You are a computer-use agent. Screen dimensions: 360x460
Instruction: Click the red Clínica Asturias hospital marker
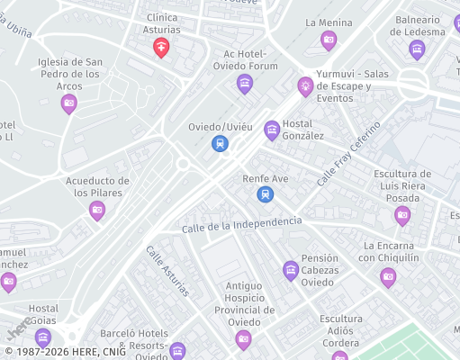coord(162,47)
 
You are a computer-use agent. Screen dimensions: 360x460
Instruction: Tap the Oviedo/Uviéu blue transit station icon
coord(219,143)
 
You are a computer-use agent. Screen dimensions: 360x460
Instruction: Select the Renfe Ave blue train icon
coord(265,193)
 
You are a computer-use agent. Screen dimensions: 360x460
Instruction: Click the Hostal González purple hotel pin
coord(272,130)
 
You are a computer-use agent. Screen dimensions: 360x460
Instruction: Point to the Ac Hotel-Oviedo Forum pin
coord(244,84)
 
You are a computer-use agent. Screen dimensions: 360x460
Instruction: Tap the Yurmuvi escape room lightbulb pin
coord(306,85)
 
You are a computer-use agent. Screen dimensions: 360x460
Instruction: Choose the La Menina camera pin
coord(329,39)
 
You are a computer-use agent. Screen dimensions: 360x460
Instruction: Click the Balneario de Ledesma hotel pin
coord(416,48)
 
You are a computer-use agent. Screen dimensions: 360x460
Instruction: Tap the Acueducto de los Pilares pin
coord(97,210)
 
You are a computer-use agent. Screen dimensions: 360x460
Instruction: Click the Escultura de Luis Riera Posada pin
coord(402,214)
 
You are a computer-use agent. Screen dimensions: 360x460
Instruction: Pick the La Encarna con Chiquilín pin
coord(388,275)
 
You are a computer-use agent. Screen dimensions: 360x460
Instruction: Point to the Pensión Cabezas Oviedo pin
coord(291,269)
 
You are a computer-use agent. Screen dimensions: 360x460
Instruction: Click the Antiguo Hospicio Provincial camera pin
coord(243,338)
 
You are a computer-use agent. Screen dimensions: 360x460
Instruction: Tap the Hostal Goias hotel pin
coord(42,337)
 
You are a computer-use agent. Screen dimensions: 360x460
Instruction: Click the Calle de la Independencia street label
coord(242,225)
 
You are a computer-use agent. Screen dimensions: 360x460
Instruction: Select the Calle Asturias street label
coord(167,271)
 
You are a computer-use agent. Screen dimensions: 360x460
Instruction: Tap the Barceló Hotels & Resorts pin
coord(177,349)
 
